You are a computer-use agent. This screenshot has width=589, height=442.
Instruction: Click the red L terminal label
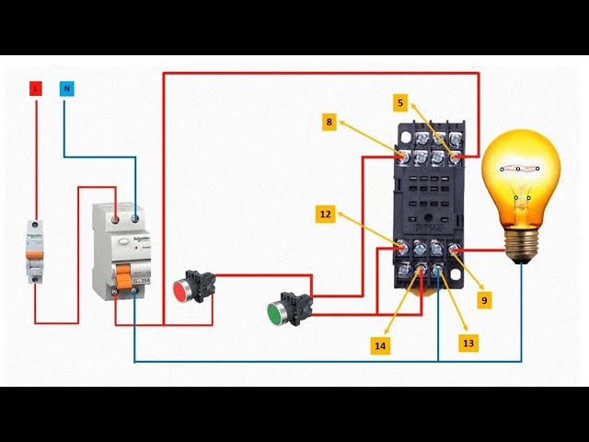(36, 89)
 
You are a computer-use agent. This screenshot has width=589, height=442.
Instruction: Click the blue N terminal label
(65, 89)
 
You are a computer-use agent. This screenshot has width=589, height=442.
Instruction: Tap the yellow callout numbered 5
(400, 103)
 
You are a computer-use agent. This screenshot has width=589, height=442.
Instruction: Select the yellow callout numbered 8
(329, 122)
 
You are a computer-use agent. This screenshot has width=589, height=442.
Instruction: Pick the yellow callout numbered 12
(325, 215)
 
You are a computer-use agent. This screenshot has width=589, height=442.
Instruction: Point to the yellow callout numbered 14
(380, 345)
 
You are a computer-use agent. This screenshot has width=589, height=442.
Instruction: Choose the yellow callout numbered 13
(468, 343)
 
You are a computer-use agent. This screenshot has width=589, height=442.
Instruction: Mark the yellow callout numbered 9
(484, 299)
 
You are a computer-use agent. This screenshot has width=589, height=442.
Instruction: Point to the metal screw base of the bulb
(523, 244)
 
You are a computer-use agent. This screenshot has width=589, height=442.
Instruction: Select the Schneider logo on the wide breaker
(136, 236)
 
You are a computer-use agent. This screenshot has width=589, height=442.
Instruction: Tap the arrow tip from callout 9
(456, 250)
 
